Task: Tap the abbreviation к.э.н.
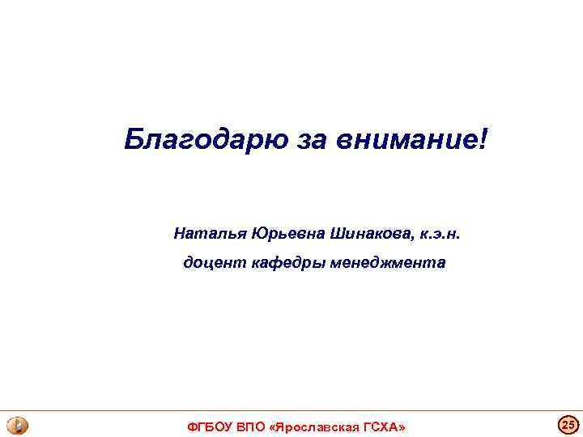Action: click(x=440, y=235)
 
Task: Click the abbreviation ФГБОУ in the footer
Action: click(x=210, y=426)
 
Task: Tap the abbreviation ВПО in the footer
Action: click(x=252, y=426)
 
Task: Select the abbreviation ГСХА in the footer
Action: click(x=381, y=426)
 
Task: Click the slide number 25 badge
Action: click(x=568, y=424)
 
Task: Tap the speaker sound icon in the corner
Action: click(x=16, y=426)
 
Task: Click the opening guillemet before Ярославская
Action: click(x=272, y=426)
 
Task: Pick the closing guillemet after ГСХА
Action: click(x=402, y=426)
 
